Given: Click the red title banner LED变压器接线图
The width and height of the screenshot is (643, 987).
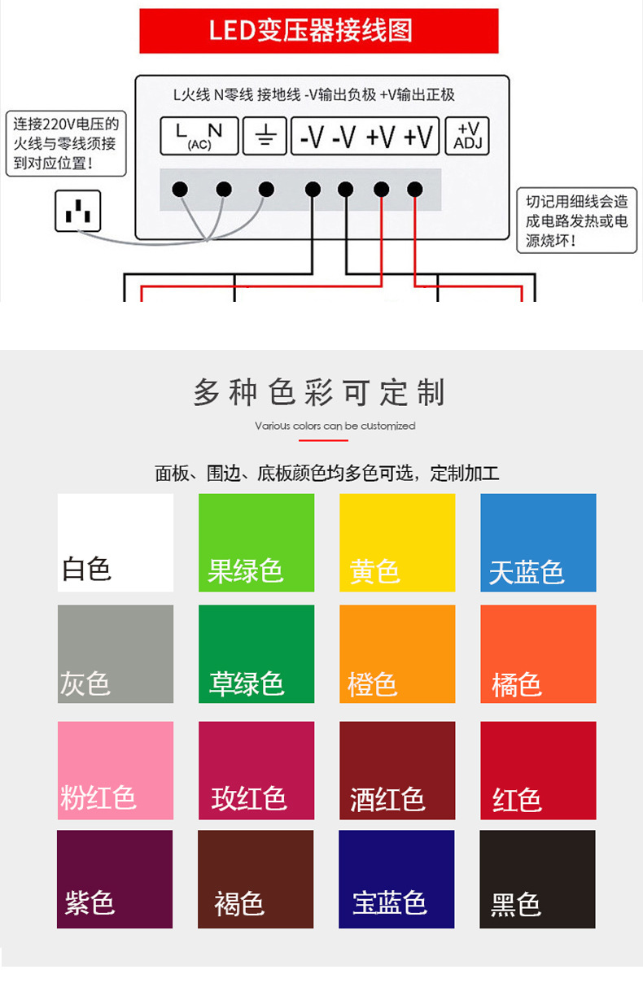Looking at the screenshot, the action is pos(318,31).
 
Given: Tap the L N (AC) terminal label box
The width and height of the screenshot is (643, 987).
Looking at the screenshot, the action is pos(199,136).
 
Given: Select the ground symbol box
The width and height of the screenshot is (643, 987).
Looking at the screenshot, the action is pos(265,136).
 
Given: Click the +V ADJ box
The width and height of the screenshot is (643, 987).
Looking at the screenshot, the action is pos(467,136).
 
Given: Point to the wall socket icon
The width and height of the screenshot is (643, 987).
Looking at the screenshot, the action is pos(78,211).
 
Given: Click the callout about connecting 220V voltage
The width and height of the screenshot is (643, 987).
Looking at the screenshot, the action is pos(66,144).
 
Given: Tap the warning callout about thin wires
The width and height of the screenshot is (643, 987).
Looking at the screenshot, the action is pos(576,221).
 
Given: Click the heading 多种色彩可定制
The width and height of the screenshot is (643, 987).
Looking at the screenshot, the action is pos(321,392).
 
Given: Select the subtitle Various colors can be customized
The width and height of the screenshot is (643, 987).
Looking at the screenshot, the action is pos(335,426).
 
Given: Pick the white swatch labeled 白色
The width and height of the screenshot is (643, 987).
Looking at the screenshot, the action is pos(116,542).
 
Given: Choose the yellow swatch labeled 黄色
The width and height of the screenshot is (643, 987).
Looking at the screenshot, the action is pos(397,542).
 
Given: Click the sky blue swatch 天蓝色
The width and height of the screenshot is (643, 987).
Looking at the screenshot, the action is pos(538,542).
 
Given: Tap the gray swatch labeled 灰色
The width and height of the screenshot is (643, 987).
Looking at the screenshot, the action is pos(116,653).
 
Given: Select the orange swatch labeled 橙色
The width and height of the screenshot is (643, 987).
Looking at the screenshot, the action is pos(397,653).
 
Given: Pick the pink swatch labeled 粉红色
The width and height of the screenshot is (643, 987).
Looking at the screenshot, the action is pos(116,770).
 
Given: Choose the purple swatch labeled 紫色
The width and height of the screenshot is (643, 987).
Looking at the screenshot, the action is pos(115,879).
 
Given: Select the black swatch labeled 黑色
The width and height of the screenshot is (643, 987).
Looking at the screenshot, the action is pos(537,879).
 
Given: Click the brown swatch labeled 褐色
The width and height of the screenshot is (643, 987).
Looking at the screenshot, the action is pos(256,879).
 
